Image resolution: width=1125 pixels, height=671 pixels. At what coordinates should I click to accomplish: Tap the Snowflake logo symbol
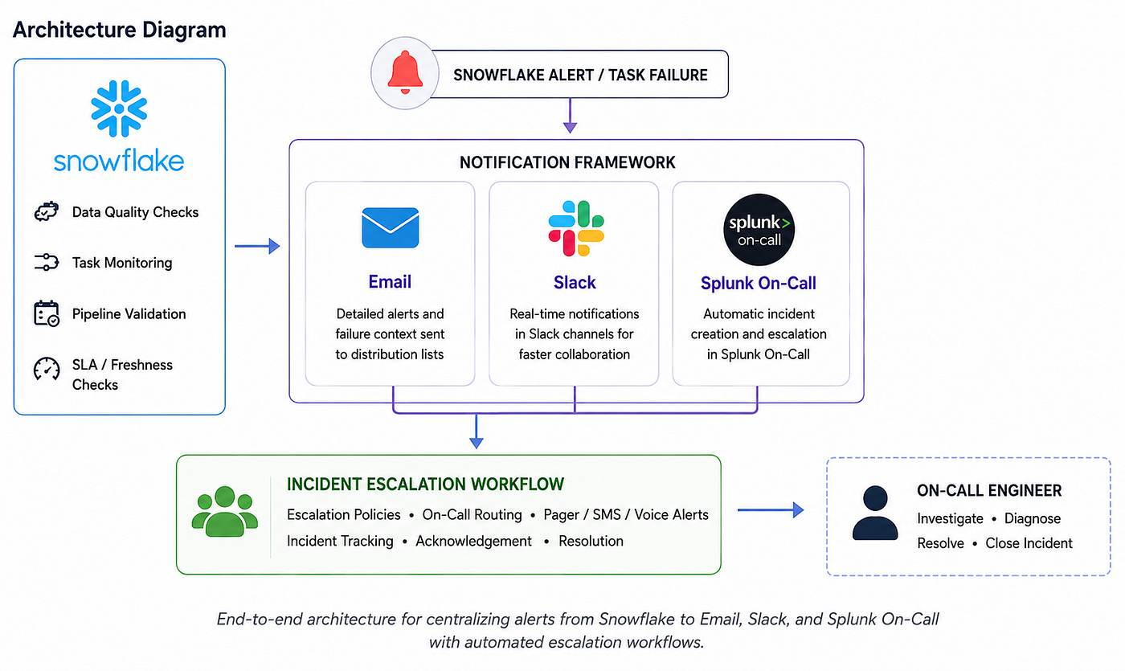pos(119,108)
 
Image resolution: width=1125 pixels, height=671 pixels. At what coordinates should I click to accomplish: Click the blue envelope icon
pos(391,227)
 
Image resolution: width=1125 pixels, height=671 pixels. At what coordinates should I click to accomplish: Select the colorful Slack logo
pos(576,228)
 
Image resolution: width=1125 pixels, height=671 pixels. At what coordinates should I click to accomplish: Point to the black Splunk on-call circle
pos(759,230)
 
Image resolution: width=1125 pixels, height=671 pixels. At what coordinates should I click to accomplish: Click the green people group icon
pos(224,511)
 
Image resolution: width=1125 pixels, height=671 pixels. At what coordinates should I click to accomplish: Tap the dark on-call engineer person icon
pos(875,513)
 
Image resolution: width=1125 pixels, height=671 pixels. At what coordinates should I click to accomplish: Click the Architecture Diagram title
pos(120,30)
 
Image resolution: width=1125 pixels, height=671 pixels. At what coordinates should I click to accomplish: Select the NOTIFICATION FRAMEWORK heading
pos(567,162)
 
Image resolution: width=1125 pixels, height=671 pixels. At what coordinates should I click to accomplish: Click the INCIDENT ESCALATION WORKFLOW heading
pos(425,484)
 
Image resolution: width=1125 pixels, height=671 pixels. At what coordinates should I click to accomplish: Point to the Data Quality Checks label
pos(135,212)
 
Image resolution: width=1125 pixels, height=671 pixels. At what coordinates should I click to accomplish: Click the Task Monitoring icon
pos(47,262)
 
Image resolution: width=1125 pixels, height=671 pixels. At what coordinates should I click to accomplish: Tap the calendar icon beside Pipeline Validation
pos(47,313)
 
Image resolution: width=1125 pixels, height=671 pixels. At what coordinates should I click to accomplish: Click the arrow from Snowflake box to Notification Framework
pos(257,246)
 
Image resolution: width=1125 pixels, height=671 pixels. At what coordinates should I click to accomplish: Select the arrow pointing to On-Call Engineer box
pos(771,509)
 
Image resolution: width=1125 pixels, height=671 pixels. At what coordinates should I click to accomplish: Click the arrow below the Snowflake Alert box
pos(570,116)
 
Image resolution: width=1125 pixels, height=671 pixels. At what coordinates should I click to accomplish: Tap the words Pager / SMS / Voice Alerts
pos(626,515)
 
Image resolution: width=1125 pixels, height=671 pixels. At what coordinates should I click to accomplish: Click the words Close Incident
pos(1029,543)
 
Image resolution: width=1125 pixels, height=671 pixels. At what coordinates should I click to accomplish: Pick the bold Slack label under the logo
pos(575,282)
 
